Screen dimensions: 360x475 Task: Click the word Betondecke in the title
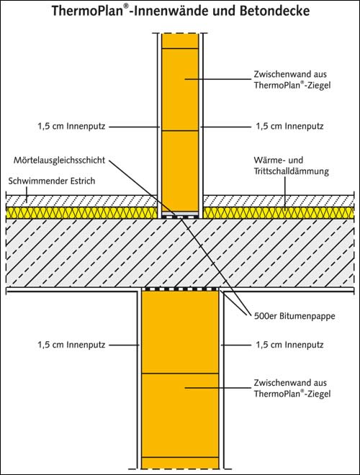(275, 11)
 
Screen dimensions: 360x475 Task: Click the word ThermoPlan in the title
(87, 12)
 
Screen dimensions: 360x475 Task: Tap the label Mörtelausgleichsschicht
(59, 160)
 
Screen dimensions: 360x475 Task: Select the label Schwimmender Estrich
(52, 181)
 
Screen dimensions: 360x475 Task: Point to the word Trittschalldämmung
(291, 171)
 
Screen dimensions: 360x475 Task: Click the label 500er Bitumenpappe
(294, 316)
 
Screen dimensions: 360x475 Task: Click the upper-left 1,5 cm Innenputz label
(71, 127)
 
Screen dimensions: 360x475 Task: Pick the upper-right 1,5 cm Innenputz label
(289, 127)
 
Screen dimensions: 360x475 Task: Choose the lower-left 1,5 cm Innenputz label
(71, 345)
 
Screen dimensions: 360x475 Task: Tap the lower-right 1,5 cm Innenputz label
(289, 345)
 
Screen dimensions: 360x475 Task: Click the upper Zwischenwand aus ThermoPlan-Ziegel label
(292, 80)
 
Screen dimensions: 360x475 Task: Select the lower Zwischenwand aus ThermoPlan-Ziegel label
(292, 389)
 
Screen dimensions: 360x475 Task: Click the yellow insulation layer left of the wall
(82, 213)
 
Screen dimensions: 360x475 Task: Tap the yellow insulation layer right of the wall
(279, 213)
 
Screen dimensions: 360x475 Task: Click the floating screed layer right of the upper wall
(279, 201)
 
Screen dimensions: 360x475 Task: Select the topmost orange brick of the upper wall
(180, 40)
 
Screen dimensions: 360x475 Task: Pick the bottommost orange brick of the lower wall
(180, 463)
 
